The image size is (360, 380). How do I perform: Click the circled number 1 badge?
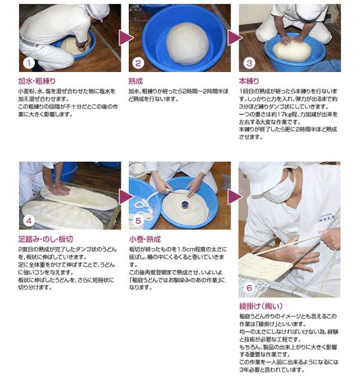click(29, 64)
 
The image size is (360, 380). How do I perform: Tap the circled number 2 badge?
click(138, 64)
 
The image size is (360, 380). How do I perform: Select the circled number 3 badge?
click(249, 64)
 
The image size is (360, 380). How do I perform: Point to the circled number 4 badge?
click(29, 221)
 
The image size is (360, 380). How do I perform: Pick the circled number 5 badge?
click(138, 221)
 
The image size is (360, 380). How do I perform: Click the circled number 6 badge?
click(249, 288)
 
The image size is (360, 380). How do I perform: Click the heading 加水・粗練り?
click(37, 81)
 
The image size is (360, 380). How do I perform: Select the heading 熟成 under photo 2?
click(136, 81)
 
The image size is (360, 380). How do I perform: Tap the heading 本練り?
click(249, 81)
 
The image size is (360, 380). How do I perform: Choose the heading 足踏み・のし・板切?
click(46, 239)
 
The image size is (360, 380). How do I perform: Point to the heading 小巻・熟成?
click(145, 239)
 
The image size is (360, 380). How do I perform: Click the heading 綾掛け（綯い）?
click(261, 306)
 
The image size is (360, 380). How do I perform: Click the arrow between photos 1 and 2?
click(125, 38)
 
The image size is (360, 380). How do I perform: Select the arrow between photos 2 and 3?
click(234, 38)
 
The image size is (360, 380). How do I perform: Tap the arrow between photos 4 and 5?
click(125, 196)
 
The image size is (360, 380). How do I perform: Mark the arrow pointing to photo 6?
click(234, 196)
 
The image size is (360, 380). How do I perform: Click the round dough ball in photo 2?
click(187, 44)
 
